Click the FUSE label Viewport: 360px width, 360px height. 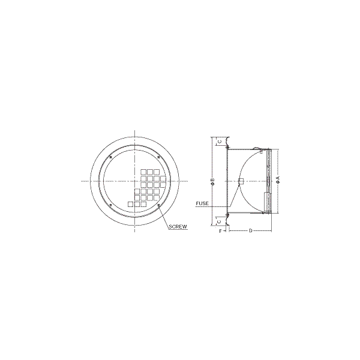[202, 203]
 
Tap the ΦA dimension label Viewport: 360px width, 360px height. [278, 180]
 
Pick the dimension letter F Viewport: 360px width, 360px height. [221, 230]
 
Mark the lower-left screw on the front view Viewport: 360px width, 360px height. [111, 206]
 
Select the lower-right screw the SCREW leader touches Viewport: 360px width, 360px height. [158, 206]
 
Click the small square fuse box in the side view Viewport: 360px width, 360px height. [241, 181]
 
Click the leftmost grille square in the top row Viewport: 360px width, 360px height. [144, 172]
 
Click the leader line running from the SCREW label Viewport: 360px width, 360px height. [164, 217]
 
